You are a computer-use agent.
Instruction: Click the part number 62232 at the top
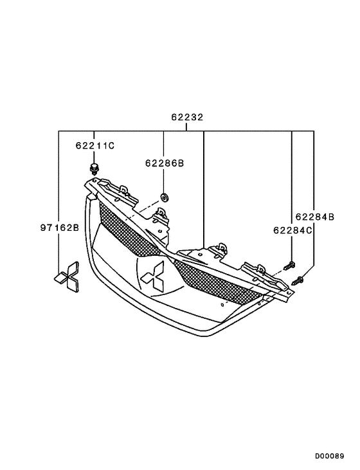[x=187, y=118]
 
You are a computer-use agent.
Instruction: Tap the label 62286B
[x=164, y=164]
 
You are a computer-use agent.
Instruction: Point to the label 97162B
[x=59, y=228]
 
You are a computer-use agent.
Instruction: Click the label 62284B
[x=314, y=217]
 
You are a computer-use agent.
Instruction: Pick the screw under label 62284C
[x=291, y=264]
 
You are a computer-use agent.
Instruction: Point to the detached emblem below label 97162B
[x=67, y=275]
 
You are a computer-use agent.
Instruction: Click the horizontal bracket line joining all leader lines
[x=187, y=131]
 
